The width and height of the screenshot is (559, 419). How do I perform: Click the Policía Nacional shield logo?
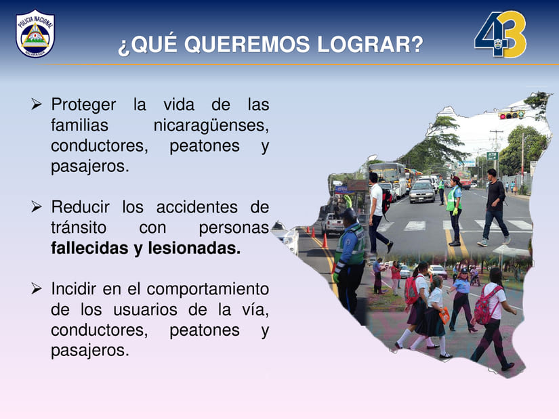[x=35, y=33]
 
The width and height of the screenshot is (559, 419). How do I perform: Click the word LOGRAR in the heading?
[x=370, y=45]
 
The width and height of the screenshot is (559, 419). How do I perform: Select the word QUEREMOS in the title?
[x=247, y=45]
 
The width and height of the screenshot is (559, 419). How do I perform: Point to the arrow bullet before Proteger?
[x=37, y=104]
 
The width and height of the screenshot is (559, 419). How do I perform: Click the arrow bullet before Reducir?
[x=37, y=206]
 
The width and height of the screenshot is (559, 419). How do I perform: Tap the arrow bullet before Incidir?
[x=37, y=288]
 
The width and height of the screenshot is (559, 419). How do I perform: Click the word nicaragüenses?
[x=211, y=126]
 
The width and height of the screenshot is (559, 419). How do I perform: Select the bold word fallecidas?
[x=89, y=248]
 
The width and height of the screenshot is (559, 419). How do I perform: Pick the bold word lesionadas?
[x=194, y=248]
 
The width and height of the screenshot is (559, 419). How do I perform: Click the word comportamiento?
[x=207, y=290]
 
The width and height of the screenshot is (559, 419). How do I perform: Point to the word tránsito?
[x=79, y=227]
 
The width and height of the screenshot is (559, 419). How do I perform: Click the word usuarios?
[x=145, y=309]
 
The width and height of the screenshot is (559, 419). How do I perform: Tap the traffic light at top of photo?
[x=511, y=115]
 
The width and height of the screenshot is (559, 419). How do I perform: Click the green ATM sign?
[x=492, y=155]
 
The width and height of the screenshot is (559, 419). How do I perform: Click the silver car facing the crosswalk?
[x=422, y=192]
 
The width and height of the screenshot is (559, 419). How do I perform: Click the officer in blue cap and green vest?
[x=350, y=260]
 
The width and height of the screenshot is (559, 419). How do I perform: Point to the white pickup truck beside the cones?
[x=331, y=224]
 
